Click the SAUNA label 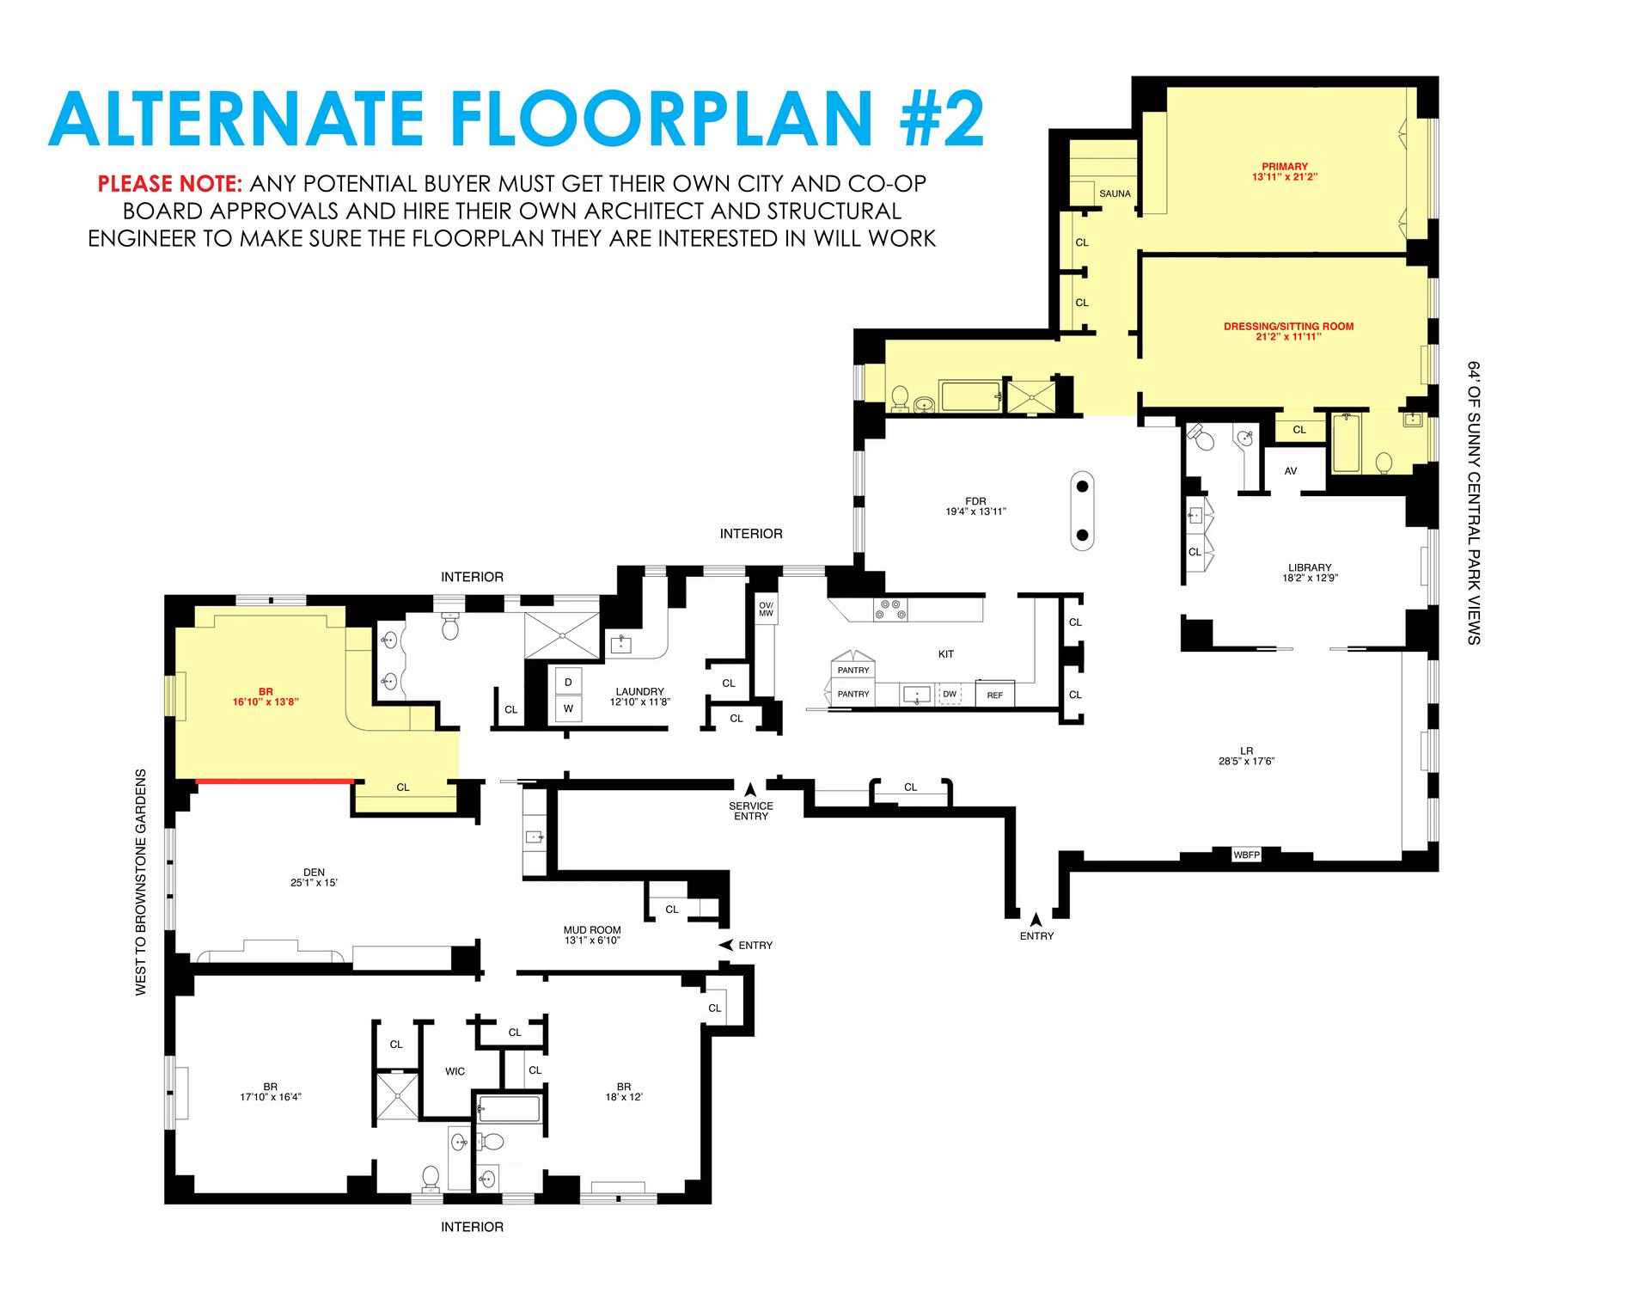point(1115,193)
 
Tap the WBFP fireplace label point(1246,855)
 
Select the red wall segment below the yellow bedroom point(275,781)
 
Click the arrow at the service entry point(750,788)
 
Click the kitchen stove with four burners point(890,609)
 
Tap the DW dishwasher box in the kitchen point(950,694)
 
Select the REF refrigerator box point(995,694)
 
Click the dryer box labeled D point(568,682)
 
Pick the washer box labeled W point(568,709)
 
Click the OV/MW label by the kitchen point(767,609)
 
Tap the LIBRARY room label point(1310,567)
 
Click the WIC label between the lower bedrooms point(455,1071)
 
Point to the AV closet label point(1291,471)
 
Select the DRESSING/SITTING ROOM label point(1289,327)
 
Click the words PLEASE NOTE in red point(171,184)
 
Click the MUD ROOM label point(592,930)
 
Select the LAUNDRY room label point(640,691)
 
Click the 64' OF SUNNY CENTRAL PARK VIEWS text point(1475,502)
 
